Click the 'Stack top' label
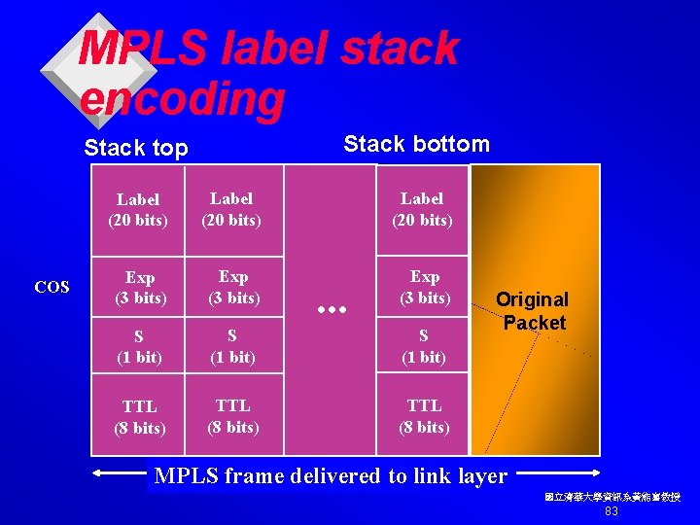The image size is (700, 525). click(135, 148)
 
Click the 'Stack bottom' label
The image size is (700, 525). click(416, 144)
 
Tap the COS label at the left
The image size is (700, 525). click(52, 287)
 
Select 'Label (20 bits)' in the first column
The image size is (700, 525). click(137, 210)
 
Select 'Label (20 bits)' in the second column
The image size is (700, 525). click(231, 209)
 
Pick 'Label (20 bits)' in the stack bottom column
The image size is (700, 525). click(422, 209)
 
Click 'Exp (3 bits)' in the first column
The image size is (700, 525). click(139, 288)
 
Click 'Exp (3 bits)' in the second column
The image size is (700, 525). click(233, 287)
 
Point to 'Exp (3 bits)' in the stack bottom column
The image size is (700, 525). click(424, 287)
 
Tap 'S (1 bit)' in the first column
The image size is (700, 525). click(139, 346)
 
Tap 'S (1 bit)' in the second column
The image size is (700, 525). click(232, 345)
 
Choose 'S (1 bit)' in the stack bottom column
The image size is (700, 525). click(424, 345)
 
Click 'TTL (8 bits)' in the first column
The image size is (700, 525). click(139, 416)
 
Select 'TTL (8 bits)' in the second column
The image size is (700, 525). click(233, 415)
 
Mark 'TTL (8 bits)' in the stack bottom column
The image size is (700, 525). click(424, 415)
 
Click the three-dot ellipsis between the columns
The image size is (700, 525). click(333, 308)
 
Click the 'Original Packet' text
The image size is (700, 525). click(532, 310)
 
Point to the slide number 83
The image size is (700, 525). click(612, 511)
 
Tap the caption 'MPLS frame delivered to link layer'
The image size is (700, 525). click(331, 475)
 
